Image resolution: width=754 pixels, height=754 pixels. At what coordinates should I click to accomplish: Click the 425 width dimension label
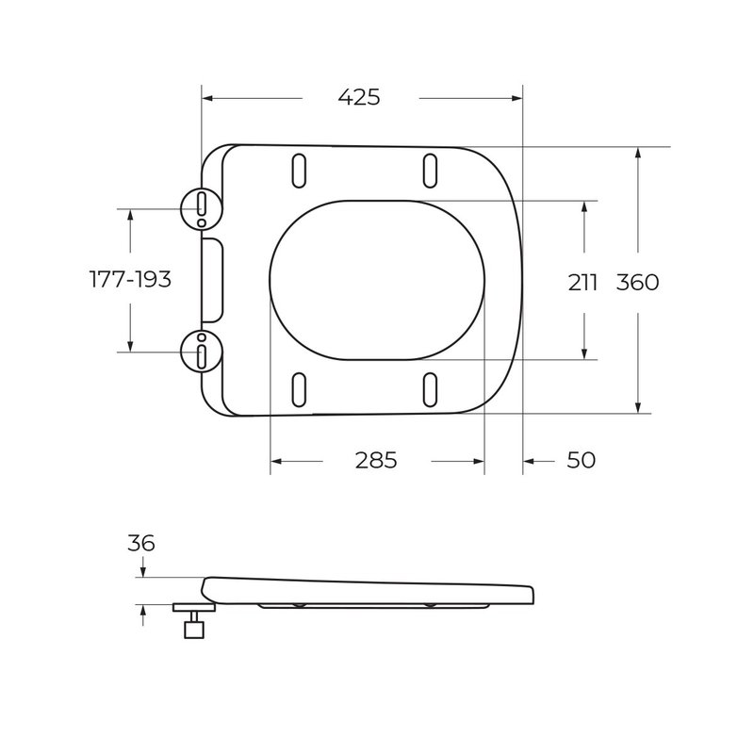click(x=359, y=97)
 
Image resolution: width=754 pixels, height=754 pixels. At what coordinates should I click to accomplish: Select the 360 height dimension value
click(x=638, y=282)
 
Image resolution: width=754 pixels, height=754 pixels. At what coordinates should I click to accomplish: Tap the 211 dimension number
click(x=582, y=282)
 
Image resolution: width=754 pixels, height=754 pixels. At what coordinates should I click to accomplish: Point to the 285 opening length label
click(x=376, y=460)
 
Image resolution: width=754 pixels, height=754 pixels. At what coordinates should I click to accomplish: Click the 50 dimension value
click(x=581, y=460)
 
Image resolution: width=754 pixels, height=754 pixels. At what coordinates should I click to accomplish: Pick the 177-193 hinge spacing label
click(x=130, y=279)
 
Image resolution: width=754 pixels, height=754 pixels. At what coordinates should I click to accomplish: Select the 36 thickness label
click(x=140, y=544)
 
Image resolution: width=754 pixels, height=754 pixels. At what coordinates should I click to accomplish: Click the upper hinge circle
click(x=202, y=208)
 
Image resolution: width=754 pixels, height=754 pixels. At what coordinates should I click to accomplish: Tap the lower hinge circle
click(x=202, y=351)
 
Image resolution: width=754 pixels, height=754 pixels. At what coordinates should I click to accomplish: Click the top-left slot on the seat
click(x=299, y=171)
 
